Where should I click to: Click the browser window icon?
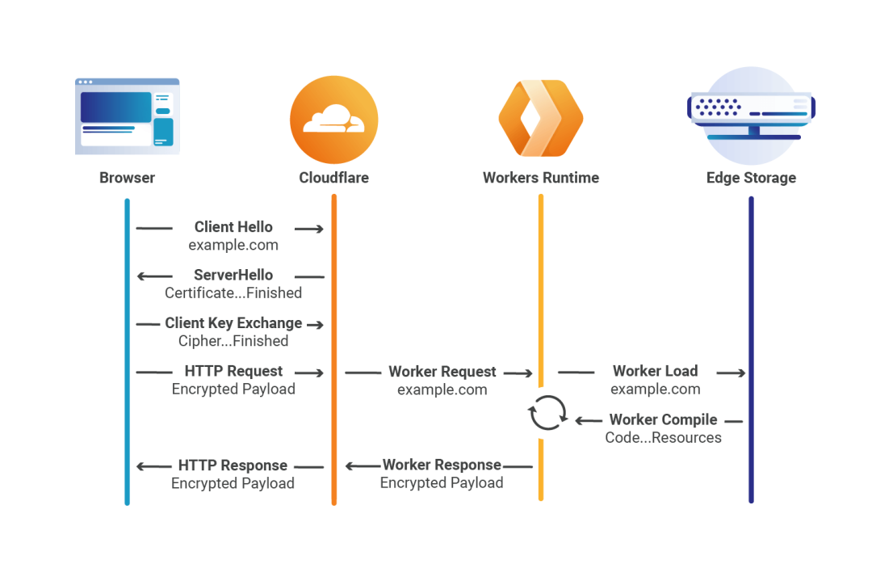[127, 116]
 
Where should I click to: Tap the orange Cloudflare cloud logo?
[333, 120]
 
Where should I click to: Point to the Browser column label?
[127, 178]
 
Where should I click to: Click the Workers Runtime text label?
[540, 178]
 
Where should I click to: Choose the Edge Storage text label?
[750, 178]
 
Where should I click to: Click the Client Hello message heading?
[233, 228]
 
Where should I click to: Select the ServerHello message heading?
[233, 276]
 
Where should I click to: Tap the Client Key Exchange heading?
[233, 323]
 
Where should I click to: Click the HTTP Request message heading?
[233, 372]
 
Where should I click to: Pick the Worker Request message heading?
[442, 373]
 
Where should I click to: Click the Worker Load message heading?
[655, 372]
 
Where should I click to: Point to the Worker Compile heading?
[663, 420]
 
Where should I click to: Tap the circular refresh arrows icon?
[547, 413]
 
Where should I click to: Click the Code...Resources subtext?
[663, 438]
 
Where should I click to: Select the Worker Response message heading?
[442, 465]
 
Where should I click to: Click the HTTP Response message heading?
[233, 466]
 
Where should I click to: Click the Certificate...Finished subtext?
[233, 293]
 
